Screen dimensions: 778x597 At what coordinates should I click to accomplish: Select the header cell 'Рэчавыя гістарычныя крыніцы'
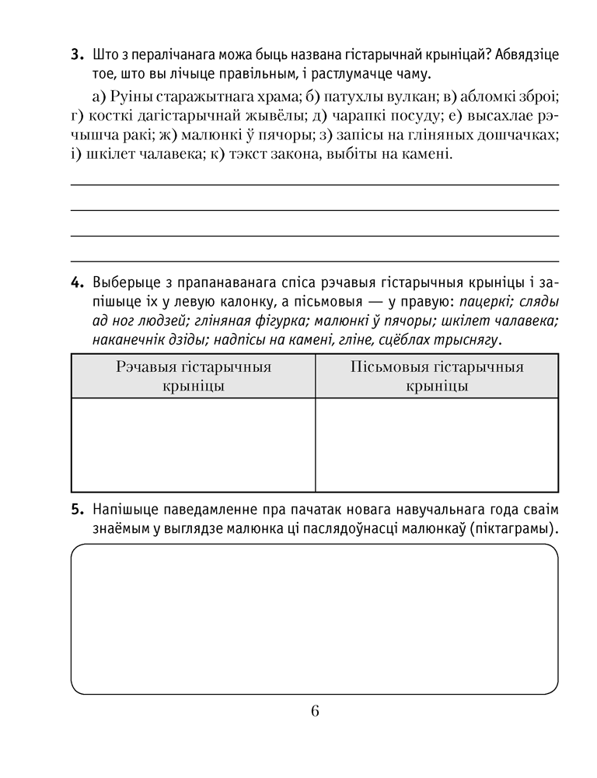pos(194,376)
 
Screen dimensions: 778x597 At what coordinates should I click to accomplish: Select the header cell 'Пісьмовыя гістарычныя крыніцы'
pos(437,376)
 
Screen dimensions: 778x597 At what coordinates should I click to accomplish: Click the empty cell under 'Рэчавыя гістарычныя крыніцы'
pos(194,444)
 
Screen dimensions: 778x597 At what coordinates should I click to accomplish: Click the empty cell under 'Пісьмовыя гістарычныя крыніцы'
pos(437,444)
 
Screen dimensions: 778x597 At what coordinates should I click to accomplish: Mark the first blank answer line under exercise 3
pos(315,184)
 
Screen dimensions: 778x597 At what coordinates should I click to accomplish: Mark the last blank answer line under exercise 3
pos(315,261)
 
